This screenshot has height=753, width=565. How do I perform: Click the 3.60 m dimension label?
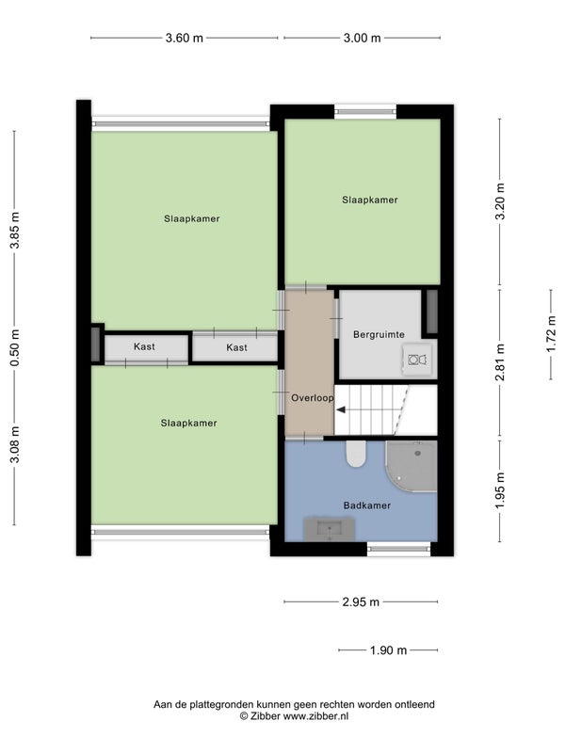(x=185, y=38)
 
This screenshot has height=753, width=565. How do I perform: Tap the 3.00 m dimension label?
(x=363, y=38)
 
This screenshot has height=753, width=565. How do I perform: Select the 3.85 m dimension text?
(x=15, y=231)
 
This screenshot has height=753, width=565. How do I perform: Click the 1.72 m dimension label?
(x=551, y=334)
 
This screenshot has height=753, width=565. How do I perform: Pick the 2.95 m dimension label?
(x=361, y=601)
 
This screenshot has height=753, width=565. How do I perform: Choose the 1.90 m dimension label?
(x=388, y=650)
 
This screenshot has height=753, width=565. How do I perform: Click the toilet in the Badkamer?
(x=356, y=455)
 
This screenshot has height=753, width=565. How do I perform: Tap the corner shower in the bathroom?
(x=412, y=466)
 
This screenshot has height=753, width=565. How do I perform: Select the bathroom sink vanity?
(x=330, y=529)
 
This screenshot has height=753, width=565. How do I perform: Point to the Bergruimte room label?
(x=379, y=335)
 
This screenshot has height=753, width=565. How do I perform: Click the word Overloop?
(x=313, y=398)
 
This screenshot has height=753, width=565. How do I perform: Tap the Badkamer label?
(x=367, y=505)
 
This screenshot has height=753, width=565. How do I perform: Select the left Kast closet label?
(x=145, y=346)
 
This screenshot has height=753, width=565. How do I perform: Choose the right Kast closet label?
(x=237, y=347)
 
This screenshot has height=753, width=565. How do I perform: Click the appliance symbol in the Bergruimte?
(x=417, y=360)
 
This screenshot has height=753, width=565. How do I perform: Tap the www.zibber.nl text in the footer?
(x=315, y=716)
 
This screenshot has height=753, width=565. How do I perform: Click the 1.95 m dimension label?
(x=500, y=491)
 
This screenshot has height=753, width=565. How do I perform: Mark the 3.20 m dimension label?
(x=500, y=201)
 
